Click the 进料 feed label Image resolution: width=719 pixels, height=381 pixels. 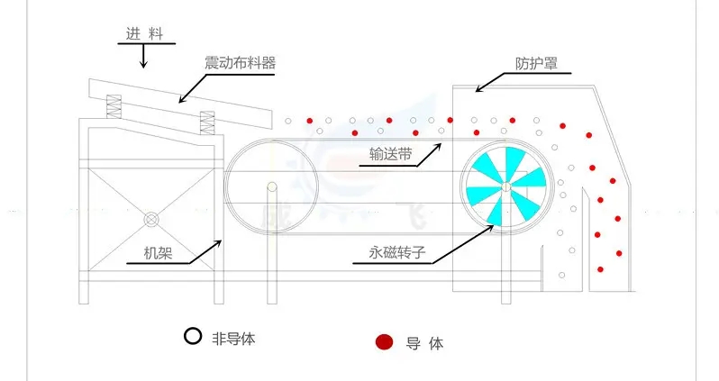[x=143, y=33]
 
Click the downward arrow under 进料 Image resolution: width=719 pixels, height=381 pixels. [x=143, y=57]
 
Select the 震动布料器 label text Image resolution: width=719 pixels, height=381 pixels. [x=239, y=63]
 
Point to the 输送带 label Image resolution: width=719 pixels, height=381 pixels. [x=391, y=154]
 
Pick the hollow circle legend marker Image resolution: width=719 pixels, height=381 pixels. [x=192, y=338]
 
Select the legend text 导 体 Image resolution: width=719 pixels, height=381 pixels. [x=424, y=343]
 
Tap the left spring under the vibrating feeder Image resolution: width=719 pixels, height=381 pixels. [x=114, y=107]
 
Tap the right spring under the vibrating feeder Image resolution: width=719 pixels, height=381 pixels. [x=207, y=122]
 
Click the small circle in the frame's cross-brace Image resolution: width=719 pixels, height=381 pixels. [x=150, y=219]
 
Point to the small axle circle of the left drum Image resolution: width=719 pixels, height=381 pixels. [x=271, y=188]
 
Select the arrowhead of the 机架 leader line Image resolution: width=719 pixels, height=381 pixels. [x=223, y=240]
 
